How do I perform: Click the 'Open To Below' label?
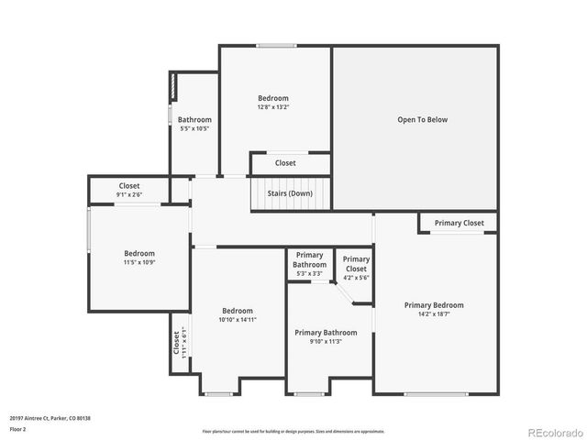[422, 119]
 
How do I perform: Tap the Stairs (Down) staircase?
[289, 193]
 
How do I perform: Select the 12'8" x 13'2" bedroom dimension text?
[272, 107]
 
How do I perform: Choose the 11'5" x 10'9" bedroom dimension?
[139, 262]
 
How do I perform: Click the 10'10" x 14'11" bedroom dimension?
[237, 320]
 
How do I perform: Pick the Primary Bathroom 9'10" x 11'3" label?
[326, 337]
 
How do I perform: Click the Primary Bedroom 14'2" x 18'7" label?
[434, 310]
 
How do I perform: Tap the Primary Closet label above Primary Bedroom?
[460, 223]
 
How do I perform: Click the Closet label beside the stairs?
[285, 163]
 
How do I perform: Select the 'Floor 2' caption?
[18, 428]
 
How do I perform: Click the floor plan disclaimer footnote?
[293, 431]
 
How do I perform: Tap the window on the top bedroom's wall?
[276, 45]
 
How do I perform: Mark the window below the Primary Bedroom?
[436, 394]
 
